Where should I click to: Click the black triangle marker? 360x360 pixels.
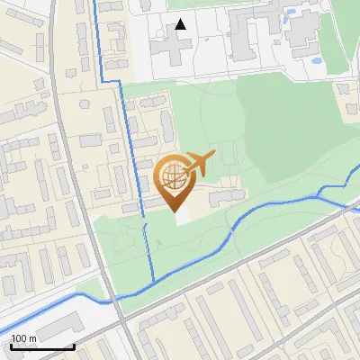click(x=181, y=24)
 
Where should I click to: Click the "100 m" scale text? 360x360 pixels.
click(x=24, y=338)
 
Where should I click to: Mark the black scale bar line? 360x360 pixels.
click(x=42, y=346)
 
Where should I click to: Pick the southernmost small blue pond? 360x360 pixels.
click(x=316, y=62)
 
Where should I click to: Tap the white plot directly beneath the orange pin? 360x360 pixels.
click(x=184, y=217)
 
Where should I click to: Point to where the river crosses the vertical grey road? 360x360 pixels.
click(x=112, y=300)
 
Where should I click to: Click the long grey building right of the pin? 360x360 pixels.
click(x=225, y=195)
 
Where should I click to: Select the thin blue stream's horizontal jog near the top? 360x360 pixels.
click(x=109, y=81)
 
